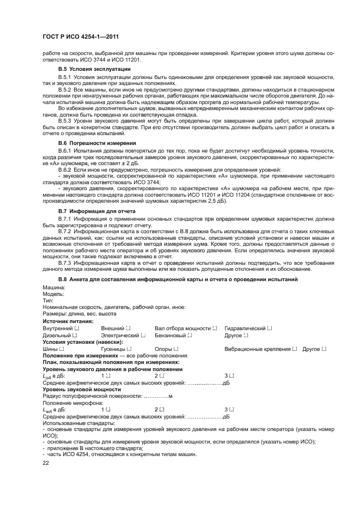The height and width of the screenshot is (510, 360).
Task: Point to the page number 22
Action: coord(46,462)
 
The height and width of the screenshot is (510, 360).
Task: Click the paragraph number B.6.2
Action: coord(64,171)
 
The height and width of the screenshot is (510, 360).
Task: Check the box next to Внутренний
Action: coord(77,329)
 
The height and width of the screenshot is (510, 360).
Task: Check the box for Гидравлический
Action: coord(269,329)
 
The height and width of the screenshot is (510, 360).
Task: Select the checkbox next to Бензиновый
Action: coord(190,336)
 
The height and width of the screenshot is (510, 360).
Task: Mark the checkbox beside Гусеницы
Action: coord(129,349)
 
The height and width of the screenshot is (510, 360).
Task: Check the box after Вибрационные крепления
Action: coord(294,349)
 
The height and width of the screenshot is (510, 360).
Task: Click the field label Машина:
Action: coord(54,287)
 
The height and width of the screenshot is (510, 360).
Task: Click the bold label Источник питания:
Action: coord(65,321)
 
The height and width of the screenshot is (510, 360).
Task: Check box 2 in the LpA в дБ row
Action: coord(161,375)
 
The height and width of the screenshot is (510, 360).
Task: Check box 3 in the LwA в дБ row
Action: coord(231,409)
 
